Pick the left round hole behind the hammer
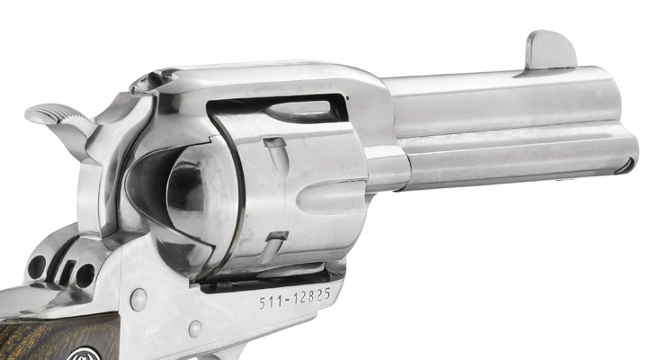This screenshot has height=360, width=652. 37,266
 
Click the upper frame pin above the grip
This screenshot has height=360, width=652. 138,299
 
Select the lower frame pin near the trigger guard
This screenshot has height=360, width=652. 194,328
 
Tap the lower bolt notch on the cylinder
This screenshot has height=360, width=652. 278,237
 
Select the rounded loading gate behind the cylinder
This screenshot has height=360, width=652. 180,193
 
